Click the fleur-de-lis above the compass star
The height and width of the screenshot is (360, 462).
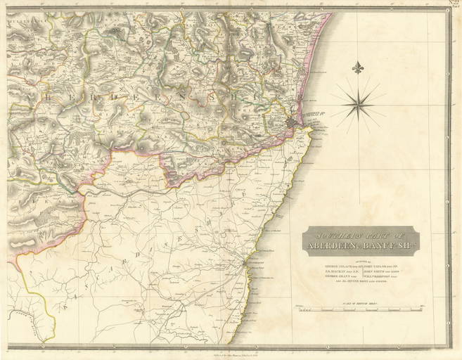pos(360,69)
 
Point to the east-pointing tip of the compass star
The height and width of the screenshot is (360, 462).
pos(387,105)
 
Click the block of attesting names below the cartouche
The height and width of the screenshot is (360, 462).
pos(361,271)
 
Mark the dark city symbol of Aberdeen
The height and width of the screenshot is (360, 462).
pos(292,124)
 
